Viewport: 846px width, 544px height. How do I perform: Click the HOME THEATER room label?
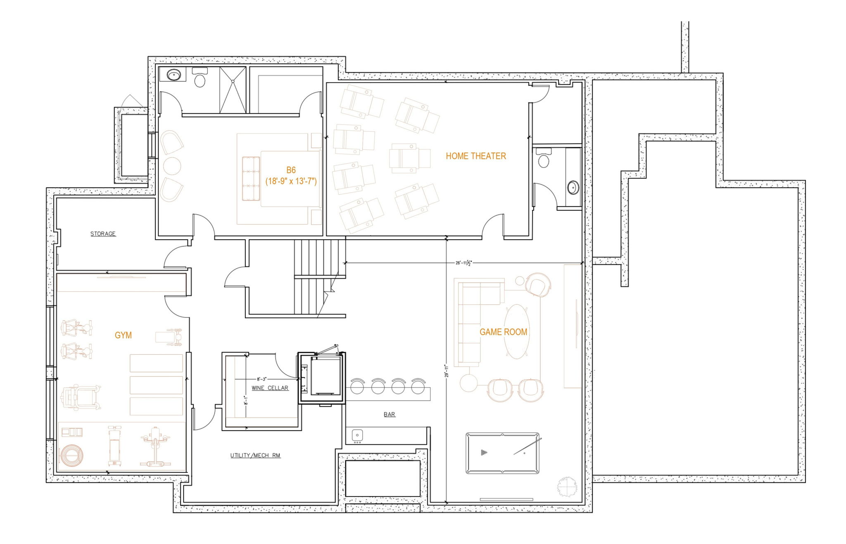(x=475, y=156)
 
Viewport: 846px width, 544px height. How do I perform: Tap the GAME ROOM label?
(x=503, y=332)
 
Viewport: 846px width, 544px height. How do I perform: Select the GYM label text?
(x=123, y=335)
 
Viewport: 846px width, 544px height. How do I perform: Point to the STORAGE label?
(x=103, y=234)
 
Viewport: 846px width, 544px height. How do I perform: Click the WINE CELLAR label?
(x=270, y=388)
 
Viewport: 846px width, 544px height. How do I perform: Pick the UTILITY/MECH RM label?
(x=255, y=456)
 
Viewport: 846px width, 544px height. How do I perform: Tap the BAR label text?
(x=389, y=414)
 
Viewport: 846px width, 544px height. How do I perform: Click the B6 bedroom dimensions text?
(x=291, y=181)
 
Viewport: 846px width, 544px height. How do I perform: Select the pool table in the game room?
(x=502, y=453)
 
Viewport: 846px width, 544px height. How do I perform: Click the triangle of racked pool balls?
(x=484, y=453)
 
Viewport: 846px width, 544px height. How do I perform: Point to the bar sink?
(x=357, y=435)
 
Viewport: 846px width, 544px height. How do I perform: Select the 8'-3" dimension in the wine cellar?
(x=262, y=379)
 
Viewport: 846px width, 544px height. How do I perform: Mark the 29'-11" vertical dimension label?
(x=446, y=371)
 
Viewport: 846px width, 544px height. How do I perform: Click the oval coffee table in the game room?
(x=517, y=332)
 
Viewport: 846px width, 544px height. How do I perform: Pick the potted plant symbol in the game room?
(x=567, y=487)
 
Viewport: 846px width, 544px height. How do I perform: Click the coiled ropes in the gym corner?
(x=71, y=456)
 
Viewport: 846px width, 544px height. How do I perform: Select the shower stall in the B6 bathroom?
(x=233, y=90)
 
